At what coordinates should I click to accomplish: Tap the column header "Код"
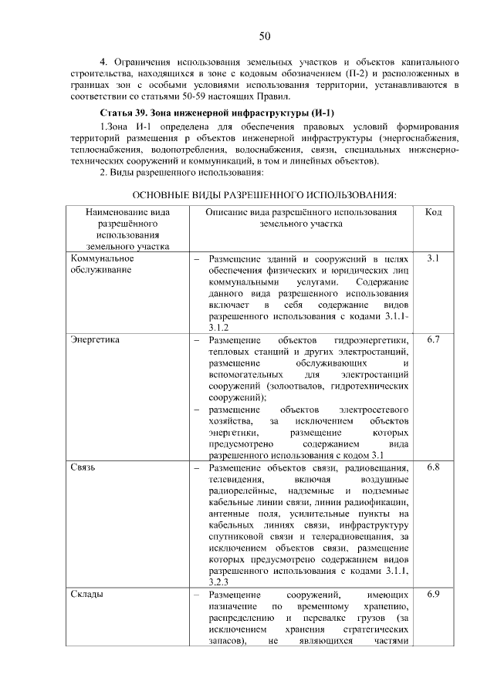click(x=433, y=211)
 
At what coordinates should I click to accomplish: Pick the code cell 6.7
click(x=433, y=340)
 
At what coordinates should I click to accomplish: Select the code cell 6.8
click(x=433, y=468)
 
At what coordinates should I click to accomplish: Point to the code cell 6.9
click(x=433, y=595)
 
